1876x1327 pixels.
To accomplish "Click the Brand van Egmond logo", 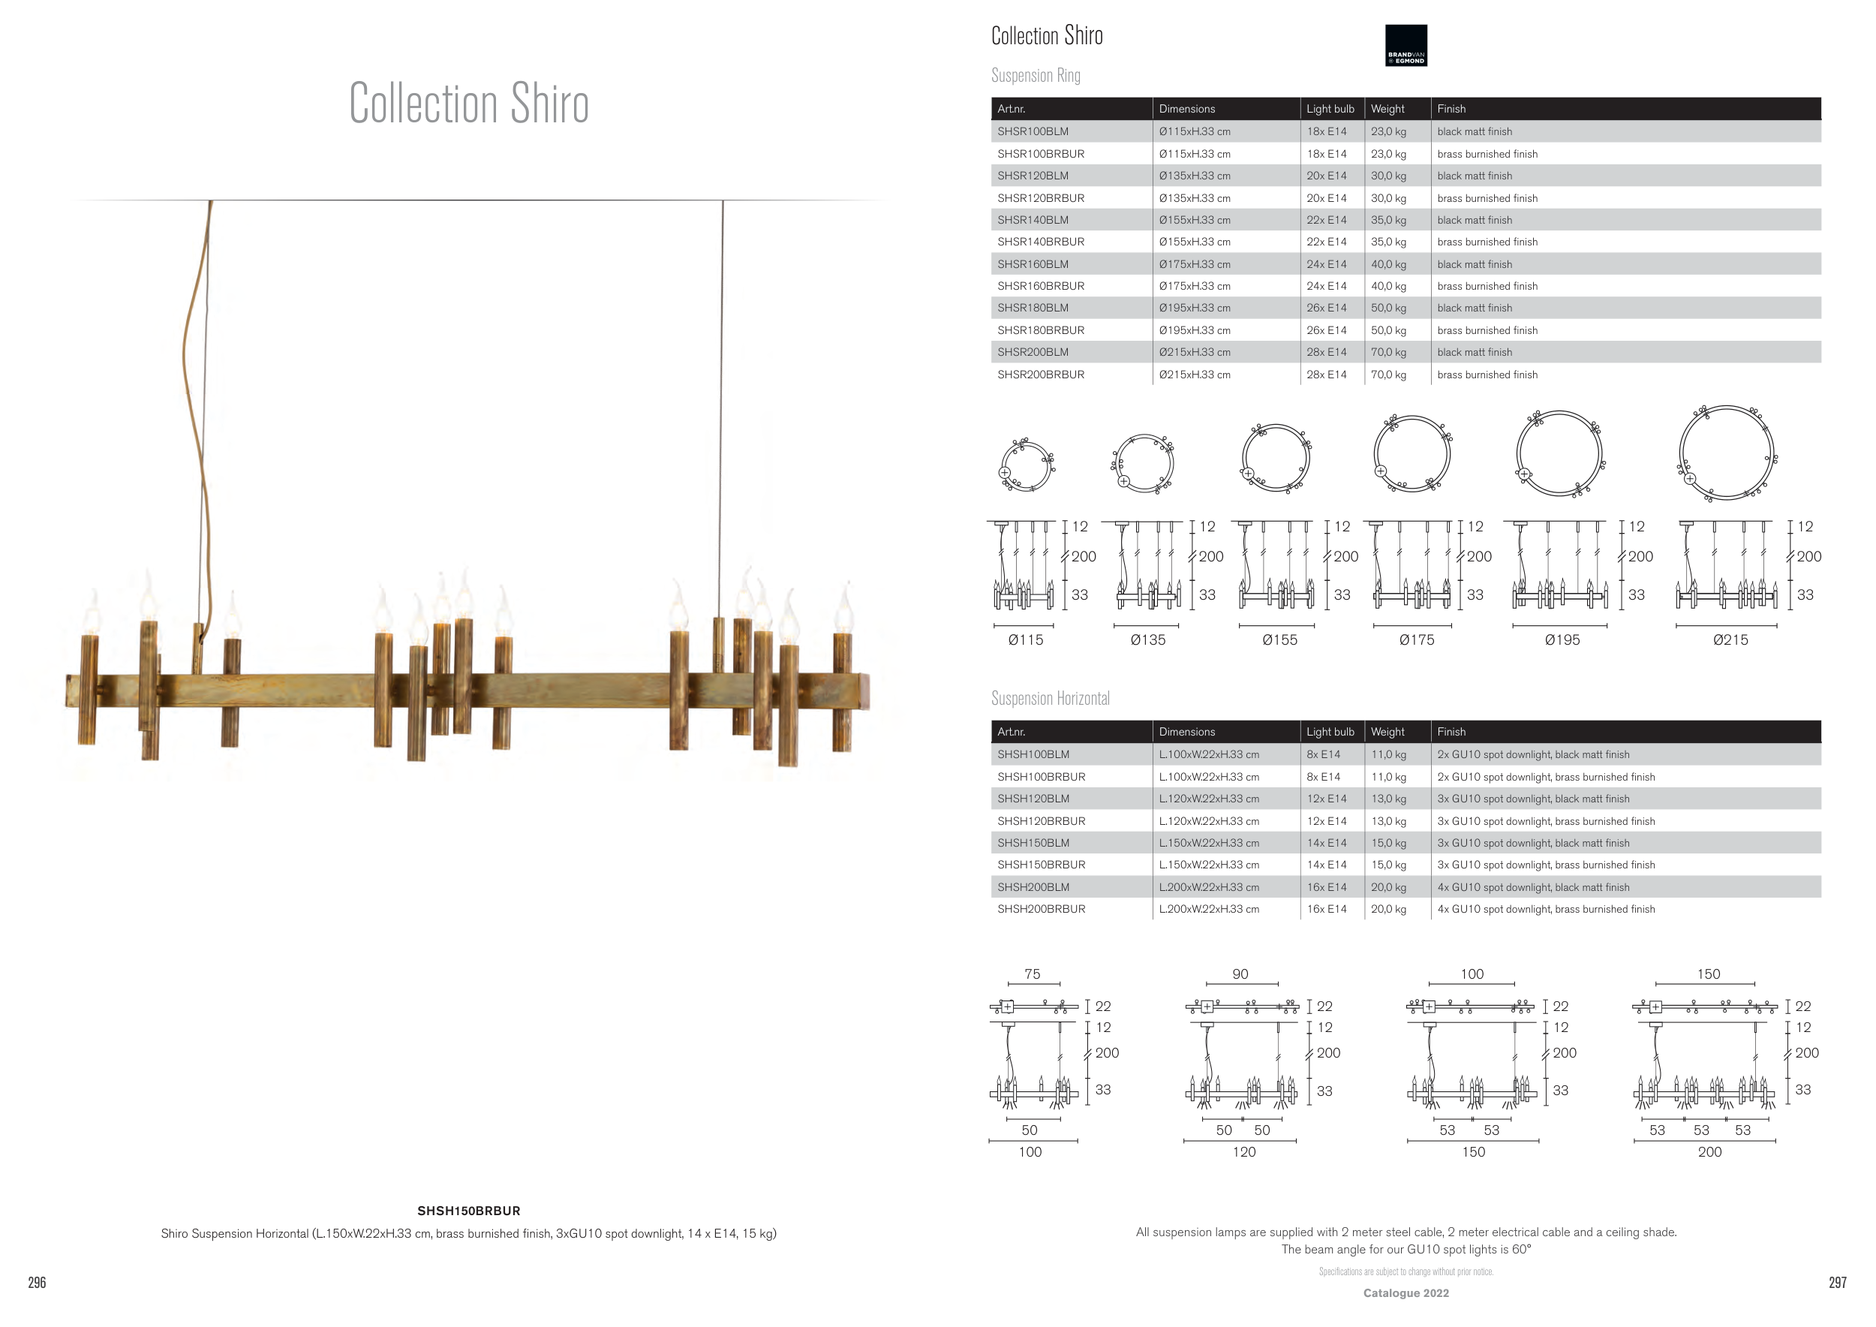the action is point(1405,45).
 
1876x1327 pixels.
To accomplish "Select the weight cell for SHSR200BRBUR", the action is point(1388,375).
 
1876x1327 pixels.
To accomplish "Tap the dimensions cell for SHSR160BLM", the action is point(1195,264).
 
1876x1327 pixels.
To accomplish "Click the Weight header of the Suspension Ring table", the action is point(1387,109).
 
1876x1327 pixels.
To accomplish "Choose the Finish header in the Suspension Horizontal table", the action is point(1451,731).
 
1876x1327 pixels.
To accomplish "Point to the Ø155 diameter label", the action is point(1279,639).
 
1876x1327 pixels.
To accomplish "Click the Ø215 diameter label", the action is point(1730,639).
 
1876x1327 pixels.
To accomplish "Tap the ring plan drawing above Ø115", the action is point(1027,464).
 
